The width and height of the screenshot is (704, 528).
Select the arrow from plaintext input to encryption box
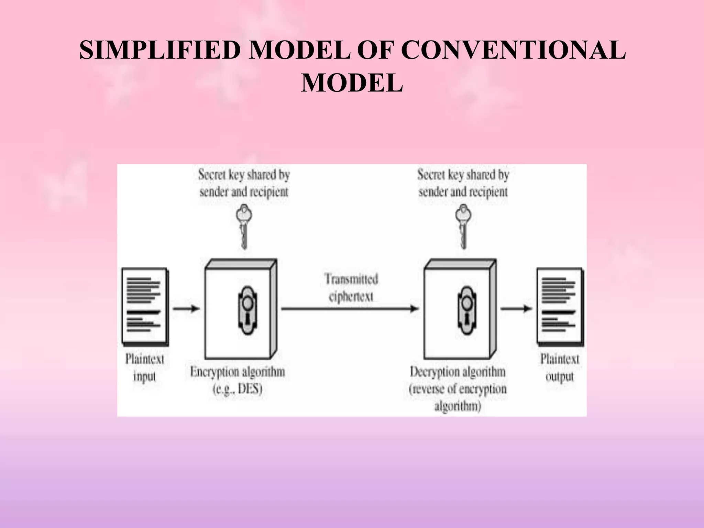186,308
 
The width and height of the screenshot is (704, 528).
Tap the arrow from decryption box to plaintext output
516,308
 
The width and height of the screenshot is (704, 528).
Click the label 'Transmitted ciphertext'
351,287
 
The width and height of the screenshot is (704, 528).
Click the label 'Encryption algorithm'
238,372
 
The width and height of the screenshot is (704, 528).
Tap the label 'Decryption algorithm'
458,372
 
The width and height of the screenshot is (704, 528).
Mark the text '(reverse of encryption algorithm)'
458,397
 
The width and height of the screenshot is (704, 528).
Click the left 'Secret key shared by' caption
244,175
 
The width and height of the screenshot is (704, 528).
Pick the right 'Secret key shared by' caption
463,175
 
